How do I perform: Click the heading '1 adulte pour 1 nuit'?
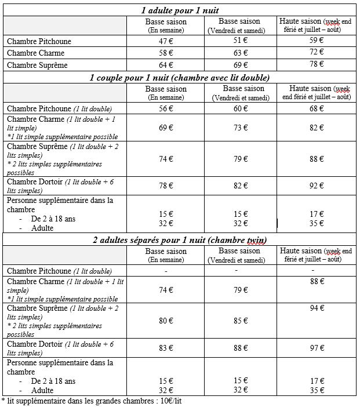click(180, 10)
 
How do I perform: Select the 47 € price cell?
click(166, 41)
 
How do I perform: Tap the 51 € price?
click(241, 40)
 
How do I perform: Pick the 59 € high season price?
click(316, 40)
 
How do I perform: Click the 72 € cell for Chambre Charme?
click(316, 52)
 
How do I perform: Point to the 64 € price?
click(166, 65)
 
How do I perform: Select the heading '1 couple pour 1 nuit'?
click(180, 77)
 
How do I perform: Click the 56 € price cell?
click(166, 108)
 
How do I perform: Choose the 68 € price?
click(316, 108)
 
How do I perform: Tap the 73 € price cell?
click(241, 128)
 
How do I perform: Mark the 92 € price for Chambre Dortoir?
click(316, 186)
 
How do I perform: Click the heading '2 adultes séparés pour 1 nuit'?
click(180, 240)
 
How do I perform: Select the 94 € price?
click(316, 308)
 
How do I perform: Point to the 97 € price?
click(316, 348)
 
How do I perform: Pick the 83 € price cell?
click(166, 348)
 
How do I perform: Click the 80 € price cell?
click(166, 320)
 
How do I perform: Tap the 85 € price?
click(241, 320)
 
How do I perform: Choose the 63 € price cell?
click(241, 53)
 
